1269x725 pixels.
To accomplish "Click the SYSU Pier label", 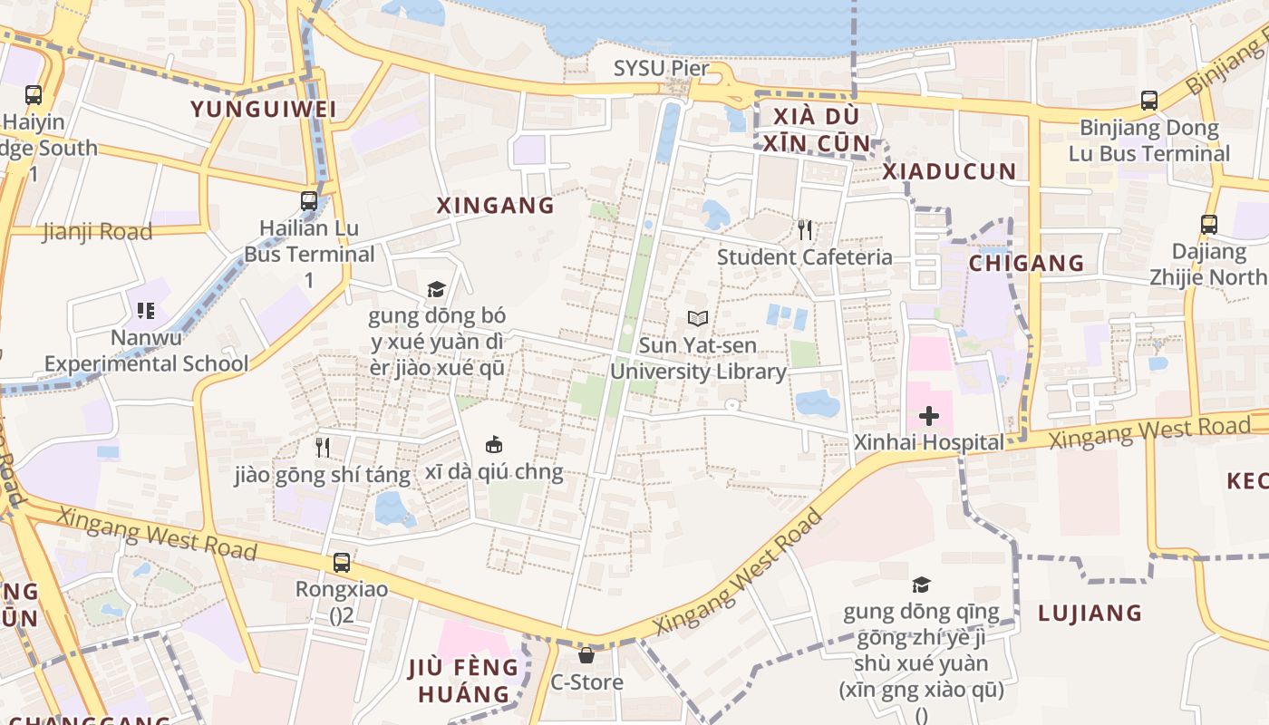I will coord(661,68).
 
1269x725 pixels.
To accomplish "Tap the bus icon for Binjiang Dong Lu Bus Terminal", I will coord(1148,101).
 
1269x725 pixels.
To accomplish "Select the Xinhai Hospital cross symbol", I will coord(928,416).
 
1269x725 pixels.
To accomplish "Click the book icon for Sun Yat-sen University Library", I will coord(697,319).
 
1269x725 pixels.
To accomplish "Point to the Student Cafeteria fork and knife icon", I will coord(804,230).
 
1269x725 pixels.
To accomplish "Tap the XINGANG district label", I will coord(495,206).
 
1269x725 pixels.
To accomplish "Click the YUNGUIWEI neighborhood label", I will coord(263,110).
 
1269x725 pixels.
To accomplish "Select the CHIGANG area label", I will coord(1026,264).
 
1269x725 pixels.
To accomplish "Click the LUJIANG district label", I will coord(1090,614).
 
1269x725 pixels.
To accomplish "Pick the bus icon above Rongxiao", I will coord(341,562).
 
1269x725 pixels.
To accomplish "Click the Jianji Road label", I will coord(97,232).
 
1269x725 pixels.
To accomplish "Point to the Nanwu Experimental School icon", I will coord(146,311).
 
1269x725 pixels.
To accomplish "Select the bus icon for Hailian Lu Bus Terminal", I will coord(309,201).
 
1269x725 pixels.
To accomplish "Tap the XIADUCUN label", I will coord(949,171).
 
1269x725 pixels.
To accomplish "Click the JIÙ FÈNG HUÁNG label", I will coord(463,681).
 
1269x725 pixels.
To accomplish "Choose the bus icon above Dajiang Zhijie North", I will coord(1208,224).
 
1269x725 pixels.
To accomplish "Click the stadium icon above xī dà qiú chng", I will coord(494,445).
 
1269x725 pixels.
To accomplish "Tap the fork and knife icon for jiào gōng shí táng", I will coord(322,447).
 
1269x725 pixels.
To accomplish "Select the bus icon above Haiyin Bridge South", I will coord(34,94).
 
